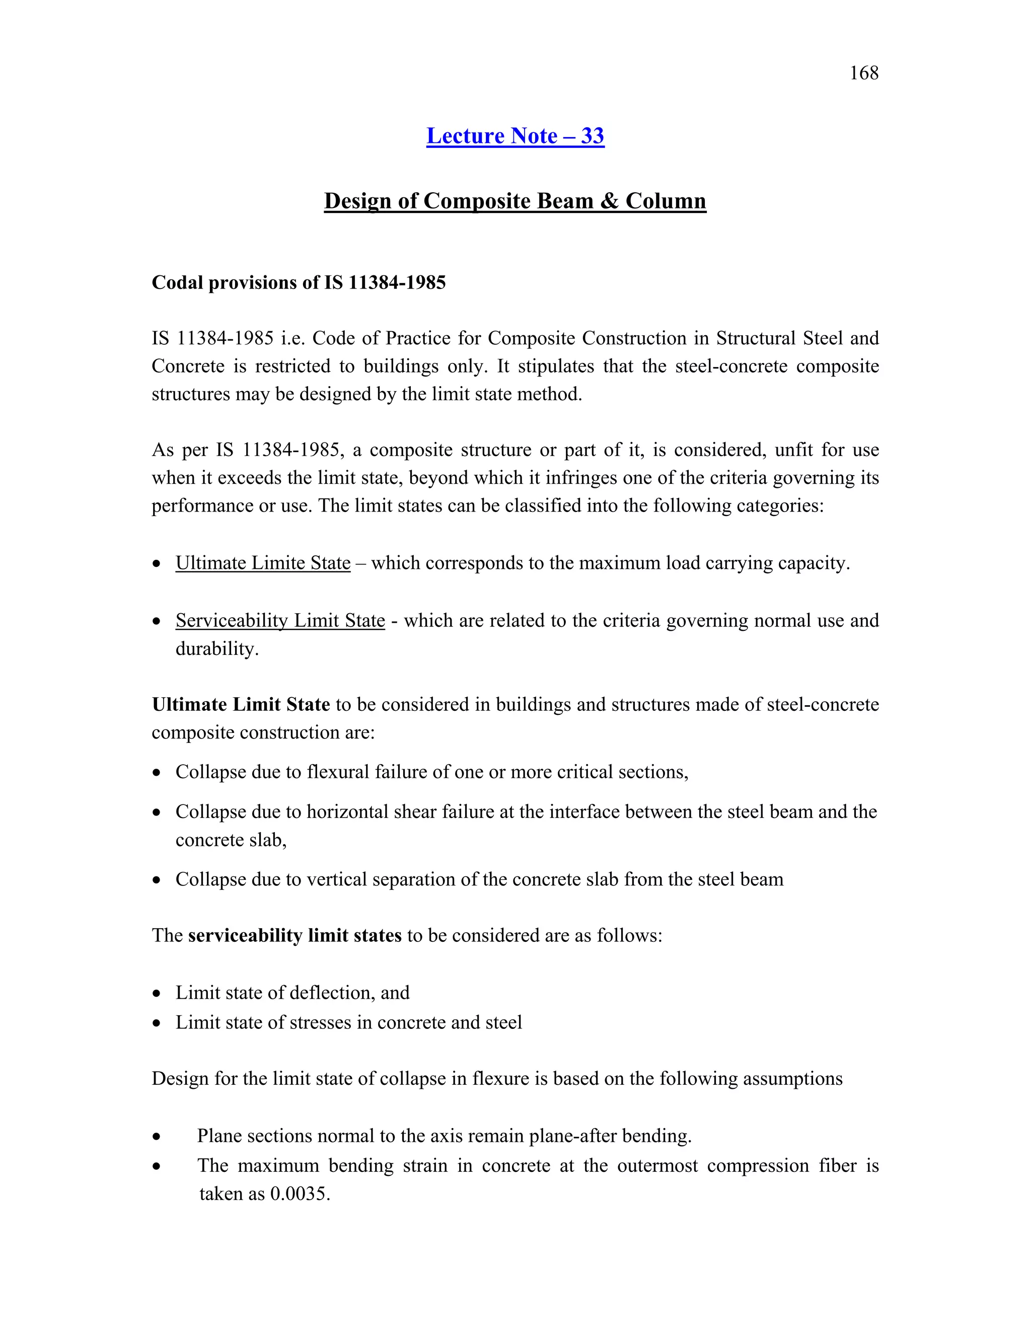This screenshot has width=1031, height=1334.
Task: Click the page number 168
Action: pyautogui.click(x=864, y=73)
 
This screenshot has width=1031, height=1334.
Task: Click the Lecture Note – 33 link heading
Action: pyautogui.click(x=515, y=135)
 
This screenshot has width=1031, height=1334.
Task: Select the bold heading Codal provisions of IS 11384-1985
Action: pyautogui.click(x=299, y=283)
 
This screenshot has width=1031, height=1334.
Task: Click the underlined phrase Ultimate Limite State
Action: pyautogui.click(x=263, y=563)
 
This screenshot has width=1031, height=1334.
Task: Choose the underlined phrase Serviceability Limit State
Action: pyautogui.click(x=280, y=621)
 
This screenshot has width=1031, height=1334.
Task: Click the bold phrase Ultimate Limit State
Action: pyautogui.click(x=241, y=705)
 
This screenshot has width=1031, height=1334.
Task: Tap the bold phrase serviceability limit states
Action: pyautogui.click(x=294, y=936)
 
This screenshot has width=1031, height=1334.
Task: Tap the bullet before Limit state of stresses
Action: pyautogui.click(x=157, y=1023)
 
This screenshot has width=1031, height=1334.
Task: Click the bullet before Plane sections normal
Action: pyautogui.click(x=157, y=1137)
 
